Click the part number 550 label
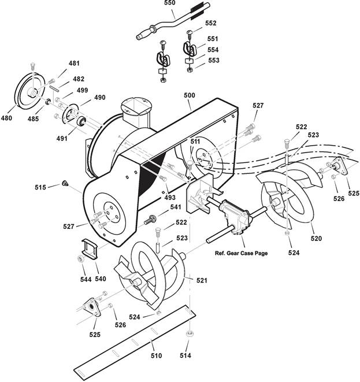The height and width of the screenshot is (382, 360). (169, 3)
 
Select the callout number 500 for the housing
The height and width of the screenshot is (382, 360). (190, 95)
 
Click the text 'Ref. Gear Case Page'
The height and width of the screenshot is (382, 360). (241, 253)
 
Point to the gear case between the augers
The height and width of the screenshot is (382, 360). (235, 217)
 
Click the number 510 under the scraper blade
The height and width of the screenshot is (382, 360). (156, 355)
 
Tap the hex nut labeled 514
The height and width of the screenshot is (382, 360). (190, 333)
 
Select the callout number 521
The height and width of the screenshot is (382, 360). (202, 280)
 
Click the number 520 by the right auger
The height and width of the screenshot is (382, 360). (316, 238)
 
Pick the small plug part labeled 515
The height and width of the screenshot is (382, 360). (65, 183)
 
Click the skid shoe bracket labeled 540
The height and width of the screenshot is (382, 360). (89, 249)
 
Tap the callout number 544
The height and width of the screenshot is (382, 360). (86, 279)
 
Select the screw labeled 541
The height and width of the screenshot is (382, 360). (149, 220)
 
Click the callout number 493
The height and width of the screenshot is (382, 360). (170, 198)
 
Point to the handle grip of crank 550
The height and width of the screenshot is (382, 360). (144, 34)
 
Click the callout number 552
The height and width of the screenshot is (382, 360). (211, 23)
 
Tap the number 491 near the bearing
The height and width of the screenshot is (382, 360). (62, 138)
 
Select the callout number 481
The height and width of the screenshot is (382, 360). (74, 64)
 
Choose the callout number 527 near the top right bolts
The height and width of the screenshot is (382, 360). (258, 106)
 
